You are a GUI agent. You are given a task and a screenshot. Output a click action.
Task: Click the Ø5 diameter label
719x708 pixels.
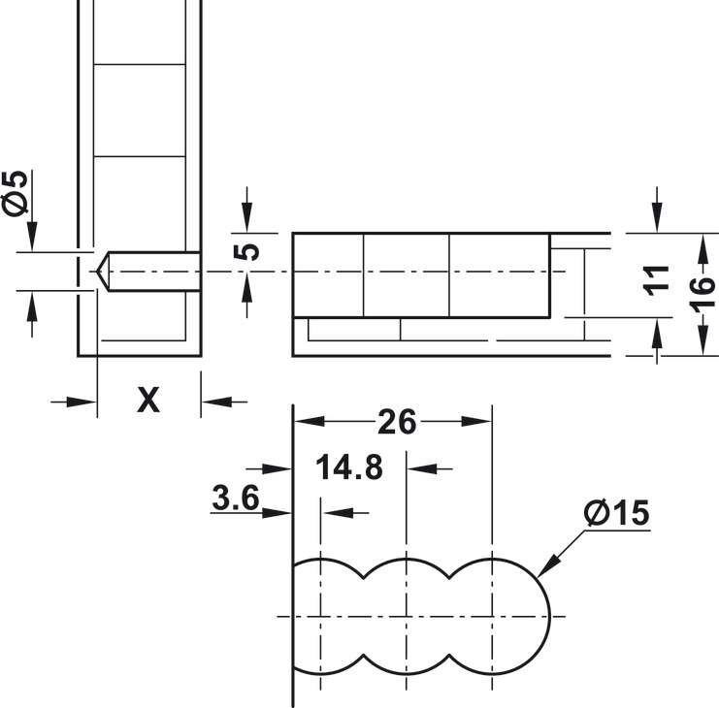[16, 194]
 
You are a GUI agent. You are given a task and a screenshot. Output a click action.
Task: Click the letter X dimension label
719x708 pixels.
[147, 399]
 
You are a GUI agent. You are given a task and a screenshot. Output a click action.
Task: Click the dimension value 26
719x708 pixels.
[397, 422]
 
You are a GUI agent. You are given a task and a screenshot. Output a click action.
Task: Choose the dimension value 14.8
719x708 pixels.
[349, 467]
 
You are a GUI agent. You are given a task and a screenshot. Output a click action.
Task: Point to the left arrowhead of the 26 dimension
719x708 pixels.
[302, 422]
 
